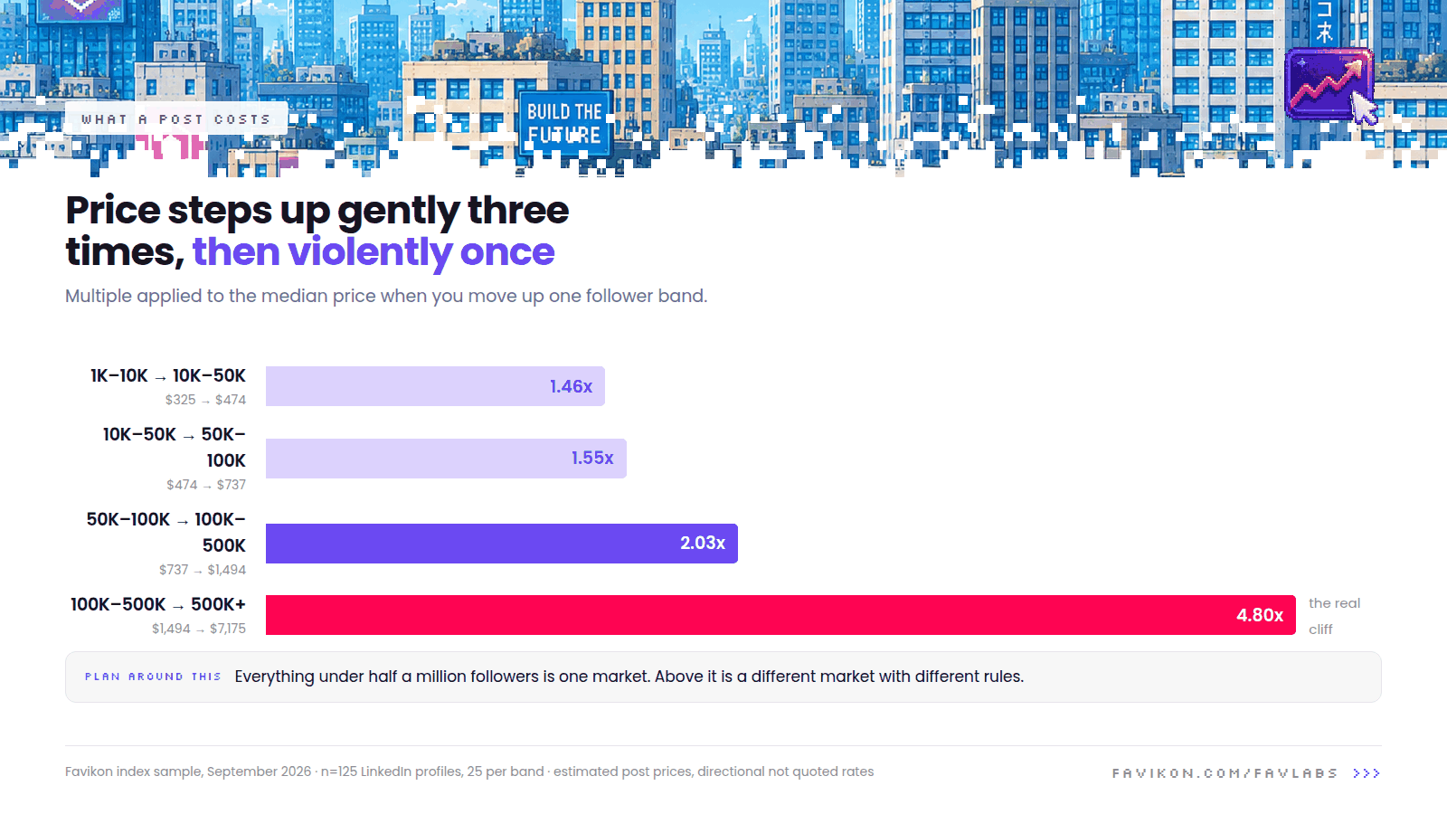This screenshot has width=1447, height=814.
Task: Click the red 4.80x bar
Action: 780,615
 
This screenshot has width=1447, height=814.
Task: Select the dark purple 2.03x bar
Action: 502,544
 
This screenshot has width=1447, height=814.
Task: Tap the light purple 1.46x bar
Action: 435,386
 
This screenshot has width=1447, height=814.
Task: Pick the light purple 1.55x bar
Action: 447,459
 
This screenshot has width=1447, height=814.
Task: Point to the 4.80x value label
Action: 1260,615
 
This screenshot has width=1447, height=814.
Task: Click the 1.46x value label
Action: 571,386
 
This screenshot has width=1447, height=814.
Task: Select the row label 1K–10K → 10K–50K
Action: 168,376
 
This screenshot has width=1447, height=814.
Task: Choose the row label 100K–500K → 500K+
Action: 158,605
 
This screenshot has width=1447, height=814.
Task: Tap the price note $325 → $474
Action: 205,400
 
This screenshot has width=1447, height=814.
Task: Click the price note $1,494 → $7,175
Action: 199,629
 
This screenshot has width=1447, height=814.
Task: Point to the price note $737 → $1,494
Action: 203,570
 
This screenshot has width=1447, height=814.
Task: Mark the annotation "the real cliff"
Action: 1335,616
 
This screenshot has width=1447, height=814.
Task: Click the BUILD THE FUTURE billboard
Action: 564,123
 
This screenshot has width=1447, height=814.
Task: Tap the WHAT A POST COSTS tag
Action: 175,119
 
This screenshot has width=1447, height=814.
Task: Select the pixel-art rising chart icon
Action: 1329,85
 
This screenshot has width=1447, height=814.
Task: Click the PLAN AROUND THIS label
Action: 153,677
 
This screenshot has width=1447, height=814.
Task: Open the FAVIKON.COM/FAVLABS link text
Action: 1225,773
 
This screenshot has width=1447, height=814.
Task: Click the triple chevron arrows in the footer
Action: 1367,773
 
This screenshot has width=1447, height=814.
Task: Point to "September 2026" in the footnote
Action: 259,772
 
